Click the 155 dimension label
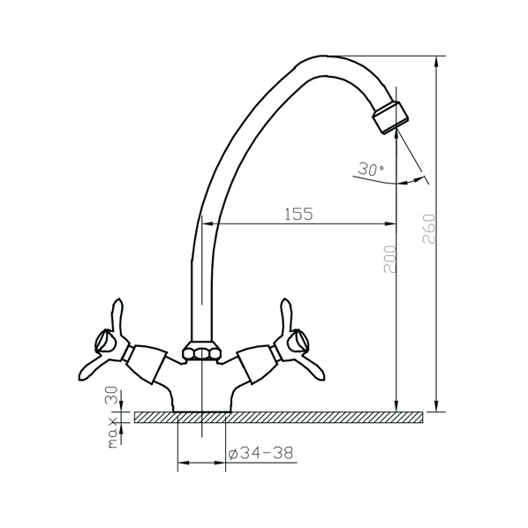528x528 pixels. tap(298, 215)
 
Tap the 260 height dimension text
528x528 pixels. tap(428, 229)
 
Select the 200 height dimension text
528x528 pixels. tap(390, 260)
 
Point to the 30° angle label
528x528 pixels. tap(371, 169)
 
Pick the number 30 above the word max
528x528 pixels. tap(112, 395)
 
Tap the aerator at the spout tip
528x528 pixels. tap(390, 117)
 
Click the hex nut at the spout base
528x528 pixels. tap(201, 353)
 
